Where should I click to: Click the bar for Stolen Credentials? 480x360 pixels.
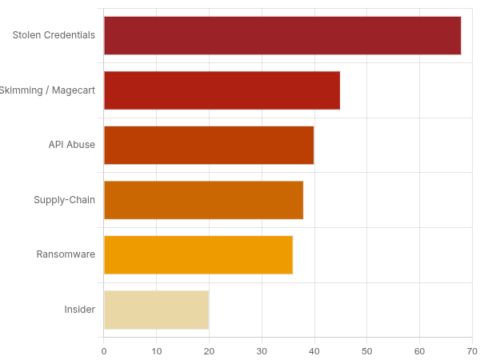(x=282, y=35)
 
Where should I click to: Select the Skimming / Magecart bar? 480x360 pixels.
(x=222, y=90)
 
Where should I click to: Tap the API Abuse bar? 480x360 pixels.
(x=209, y=145)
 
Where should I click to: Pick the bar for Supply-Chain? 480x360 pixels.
(x=203, y=200)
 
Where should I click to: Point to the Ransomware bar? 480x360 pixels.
(x=198, y=254)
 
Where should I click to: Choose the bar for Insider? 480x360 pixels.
(x=156, y=310)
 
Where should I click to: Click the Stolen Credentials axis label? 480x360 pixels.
(x=54, y=35)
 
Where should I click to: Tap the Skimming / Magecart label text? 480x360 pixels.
(x=48, y=90)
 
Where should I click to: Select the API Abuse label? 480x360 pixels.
(x=72, y=145)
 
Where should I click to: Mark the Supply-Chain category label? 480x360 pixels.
(x=65, y=200)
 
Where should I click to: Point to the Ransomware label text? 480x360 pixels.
(x=66, y=254)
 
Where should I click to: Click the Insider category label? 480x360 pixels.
(x=80, y=310)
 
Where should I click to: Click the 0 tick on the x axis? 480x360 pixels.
(x=104, y=350)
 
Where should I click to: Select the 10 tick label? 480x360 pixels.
(x=157, y=350)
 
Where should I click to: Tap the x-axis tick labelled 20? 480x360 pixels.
(x=209, y=350)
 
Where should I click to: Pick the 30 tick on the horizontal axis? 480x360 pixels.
(x=262, y=350)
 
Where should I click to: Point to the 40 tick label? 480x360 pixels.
(x=314, y=350)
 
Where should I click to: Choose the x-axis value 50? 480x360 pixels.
(x=367, y=350)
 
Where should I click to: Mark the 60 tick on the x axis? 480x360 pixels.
(x=419, y=350)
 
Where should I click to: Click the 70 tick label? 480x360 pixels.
(x=472, y=350)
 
